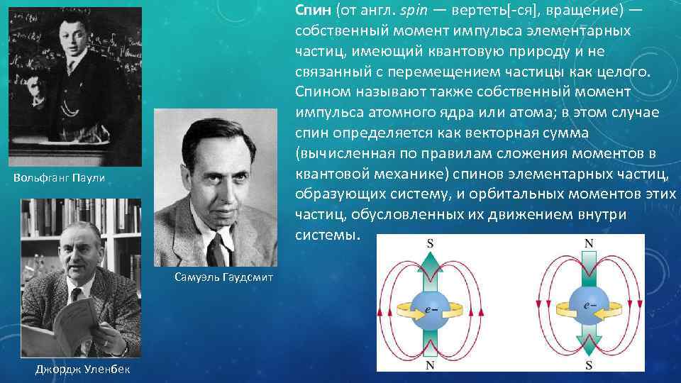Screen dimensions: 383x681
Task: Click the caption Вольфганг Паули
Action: tap(59, 177)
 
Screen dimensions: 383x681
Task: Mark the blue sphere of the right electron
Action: tap(587, 306)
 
